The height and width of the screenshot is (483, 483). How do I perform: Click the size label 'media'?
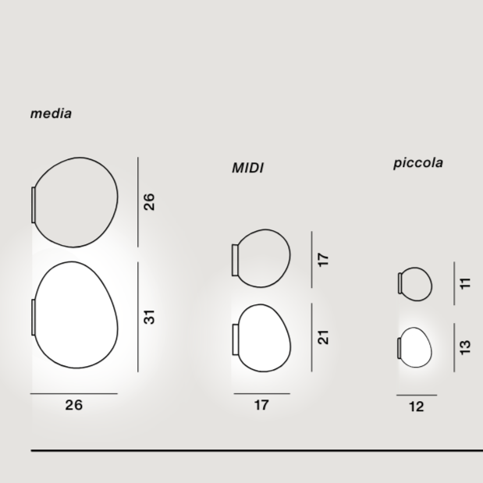tap(51, 114)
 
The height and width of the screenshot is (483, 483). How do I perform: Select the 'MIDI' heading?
tap(247, 169)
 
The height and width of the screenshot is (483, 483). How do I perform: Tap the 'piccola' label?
tap(418, 163)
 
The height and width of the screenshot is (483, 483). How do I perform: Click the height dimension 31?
tap(149, 317)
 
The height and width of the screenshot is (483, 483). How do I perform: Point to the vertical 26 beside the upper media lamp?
tap(149, 202)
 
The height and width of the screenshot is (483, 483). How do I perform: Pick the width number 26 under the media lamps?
tap(74, 405)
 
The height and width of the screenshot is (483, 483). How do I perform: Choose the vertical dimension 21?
tap(323, 337)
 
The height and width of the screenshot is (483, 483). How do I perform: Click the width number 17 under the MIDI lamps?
tap(261, 405)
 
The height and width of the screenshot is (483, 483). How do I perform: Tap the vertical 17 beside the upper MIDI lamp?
tap(323, 260)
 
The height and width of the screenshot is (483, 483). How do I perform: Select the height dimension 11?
tap(465, 283)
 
